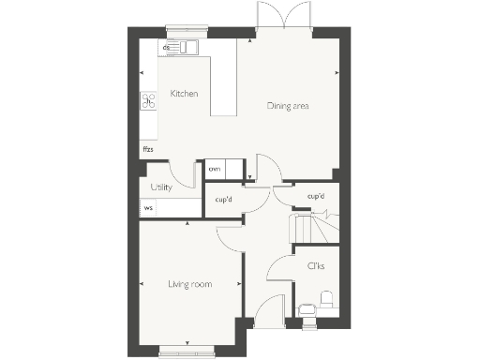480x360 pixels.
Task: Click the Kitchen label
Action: coord(184,94)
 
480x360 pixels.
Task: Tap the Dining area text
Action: coord(288,106)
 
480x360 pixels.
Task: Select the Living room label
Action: coord(189,284)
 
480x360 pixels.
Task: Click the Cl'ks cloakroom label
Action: coord(316,266)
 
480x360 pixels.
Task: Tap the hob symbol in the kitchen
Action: coord(148,100)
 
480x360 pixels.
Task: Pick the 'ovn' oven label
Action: coord(215,169)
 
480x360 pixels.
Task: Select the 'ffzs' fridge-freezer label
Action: coord(148,149)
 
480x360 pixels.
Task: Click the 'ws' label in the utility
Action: coord(148,208)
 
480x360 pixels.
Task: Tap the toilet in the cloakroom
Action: coord(327,300)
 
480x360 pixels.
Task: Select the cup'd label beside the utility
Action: coord(224,200)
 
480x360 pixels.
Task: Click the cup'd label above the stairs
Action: coord(316,196)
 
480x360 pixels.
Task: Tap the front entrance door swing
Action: coord(269,312)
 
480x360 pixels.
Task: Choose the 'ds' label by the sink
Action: coord(166,46)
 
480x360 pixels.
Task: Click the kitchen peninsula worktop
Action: coord(224,84)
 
